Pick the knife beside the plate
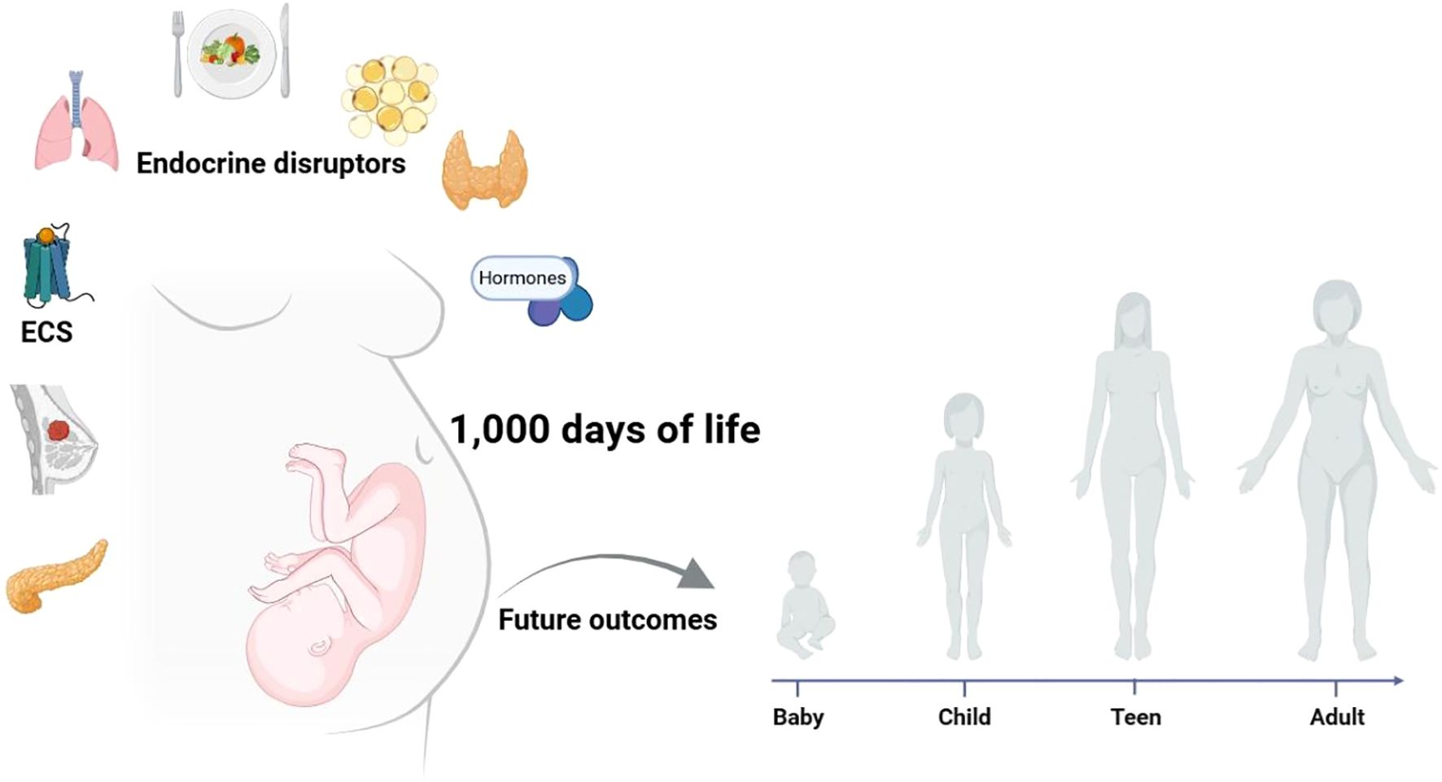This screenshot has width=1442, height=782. tap(284, 50)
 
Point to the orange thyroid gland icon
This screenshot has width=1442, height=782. tap(484, 169)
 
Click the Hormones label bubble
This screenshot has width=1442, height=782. tap(522, 278)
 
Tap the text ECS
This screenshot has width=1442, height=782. tap(46, 332)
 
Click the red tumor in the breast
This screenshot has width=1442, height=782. tap(59, 430)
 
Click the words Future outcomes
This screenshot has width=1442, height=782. tap(607, 620)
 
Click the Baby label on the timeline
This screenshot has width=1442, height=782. tap(797, 717)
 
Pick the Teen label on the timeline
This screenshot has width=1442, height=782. tap(1135, 717)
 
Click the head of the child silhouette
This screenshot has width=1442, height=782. tap(964, 416)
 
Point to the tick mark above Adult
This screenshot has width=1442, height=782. tap(1335, 688)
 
